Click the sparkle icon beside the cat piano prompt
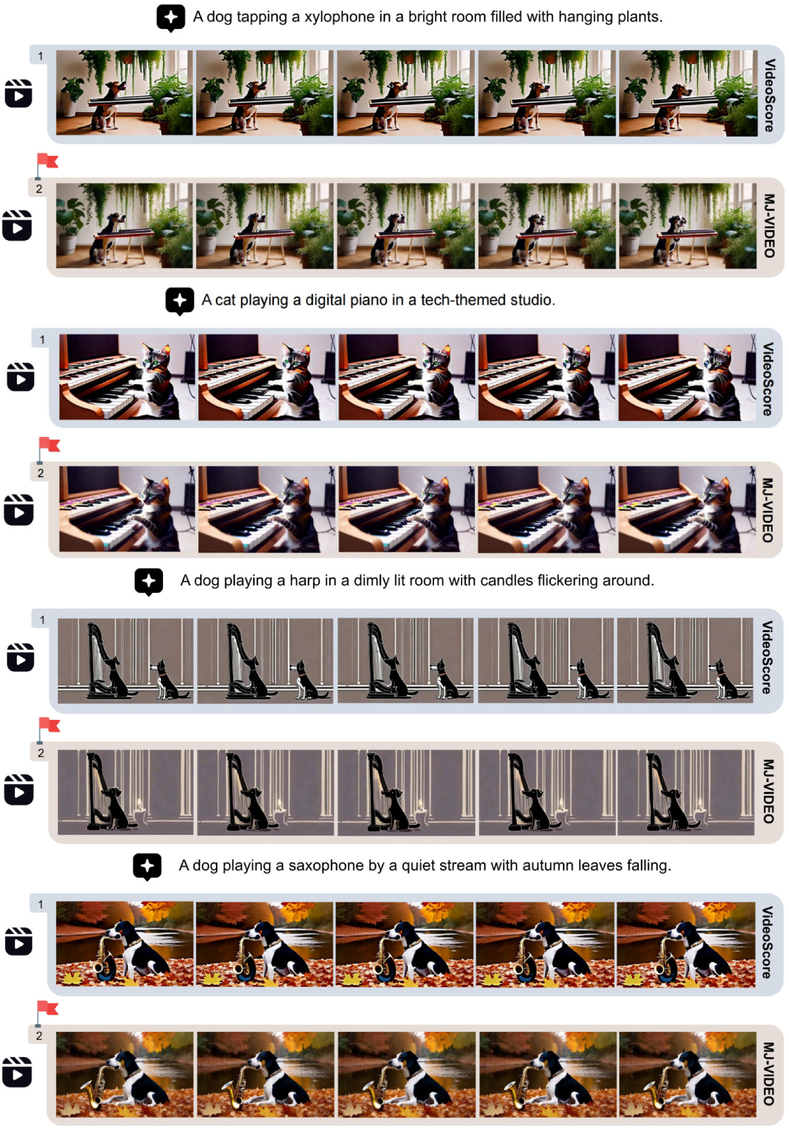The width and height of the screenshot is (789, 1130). pyautogui.click(x=179, y=301)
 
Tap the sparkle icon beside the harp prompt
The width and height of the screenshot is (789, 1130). pyautogui.click(x=149, y=581)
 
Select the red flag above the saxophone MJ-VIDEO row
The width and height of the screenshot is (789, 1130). pyautogui.click(x=48, y=1009)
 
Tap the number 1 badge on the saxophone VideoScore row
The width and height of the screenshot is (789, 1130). pyautogui.click(x=41, y=904)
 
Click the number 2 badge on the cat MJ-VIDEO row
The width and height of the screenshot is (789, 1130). pyautogui.click(x=41, y=473)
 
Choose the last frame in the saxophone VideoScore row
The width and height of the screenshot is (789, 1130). pyautogui.click(x=686, y=944)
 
